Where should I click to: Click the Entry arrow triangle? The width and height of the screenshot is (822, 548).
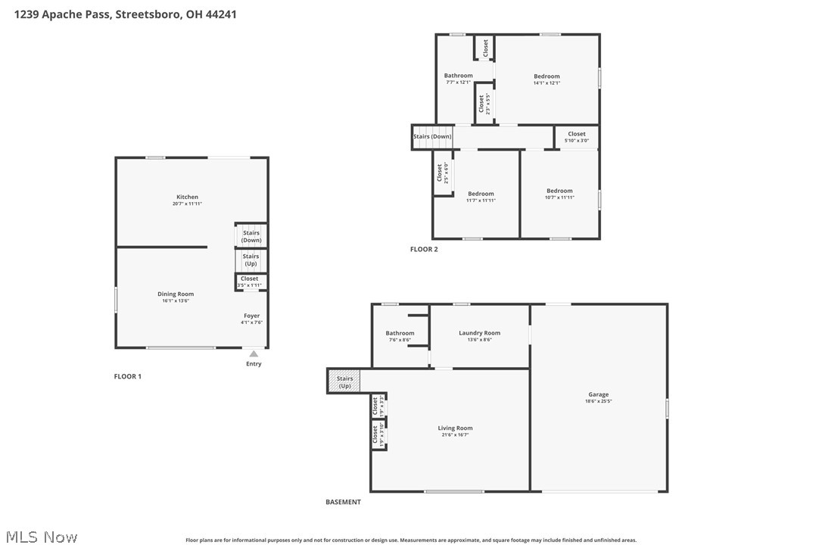coord(254,353)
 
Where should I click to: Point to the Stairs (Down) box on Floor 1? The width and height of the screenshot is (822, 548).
coord(251,236)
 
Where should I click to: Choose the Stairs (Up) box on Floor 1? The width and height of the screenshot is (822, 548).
coord(251,260)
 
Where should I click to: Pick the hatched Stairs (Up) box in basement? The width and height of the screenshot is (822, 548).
coord(344,381)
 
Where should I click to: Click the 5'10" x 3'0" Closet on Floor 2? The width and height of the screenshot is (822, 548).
coord(577,136)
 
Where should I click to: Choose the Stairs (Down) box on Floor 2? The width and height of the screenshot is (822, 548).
coord(431,137)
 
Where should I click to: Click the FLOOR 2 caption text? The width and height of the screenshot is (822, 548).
coord(424,249)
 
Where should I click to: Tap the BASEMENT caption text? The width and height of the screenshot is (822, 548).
coord(343,502)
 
